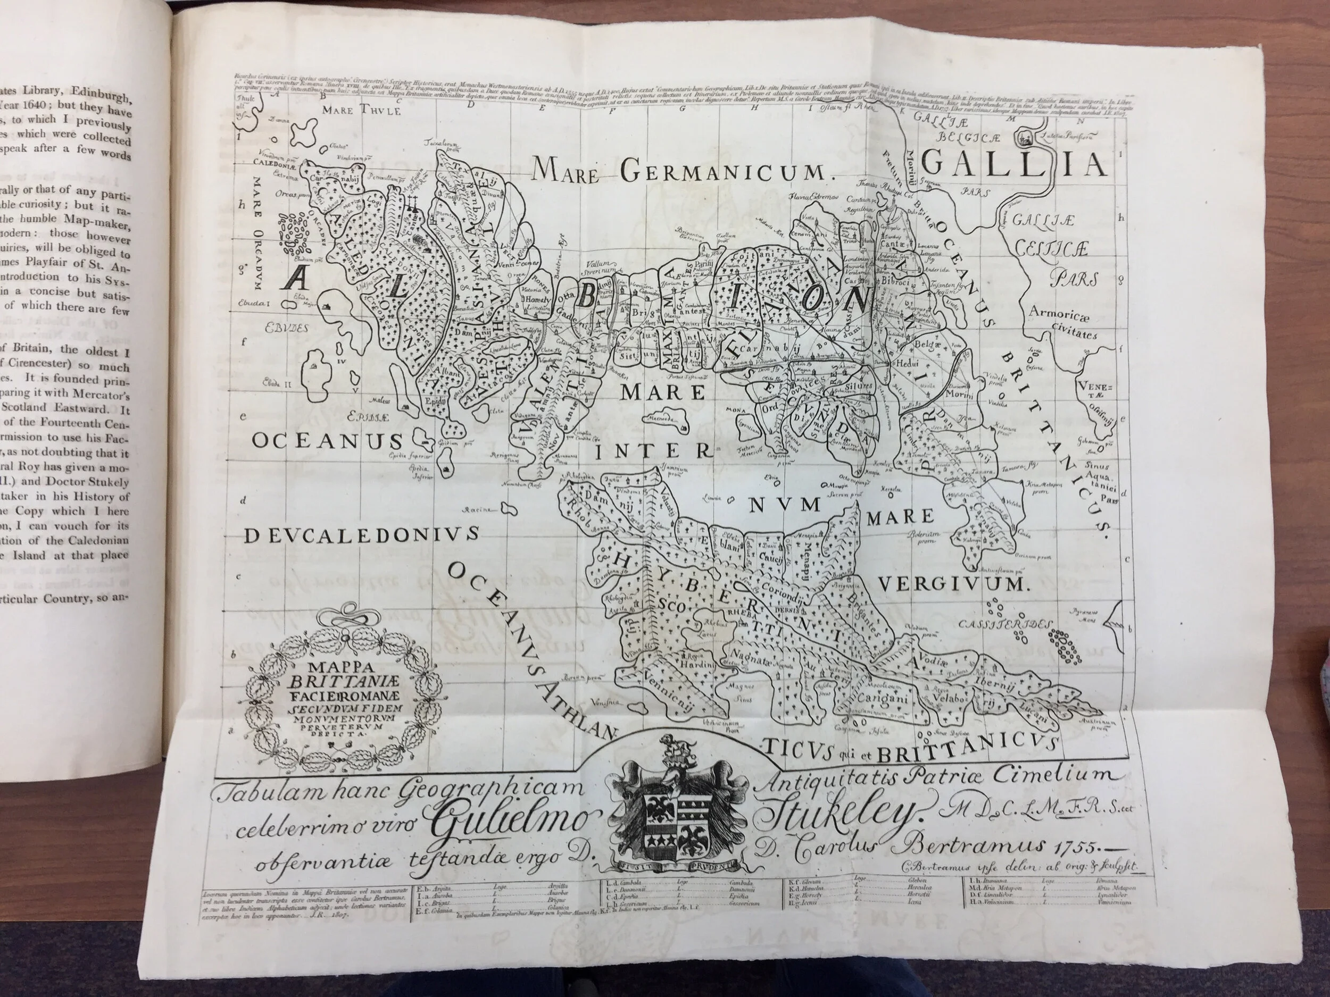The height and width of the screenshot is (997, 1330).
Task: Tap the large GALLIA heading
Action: point(1013,163)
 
